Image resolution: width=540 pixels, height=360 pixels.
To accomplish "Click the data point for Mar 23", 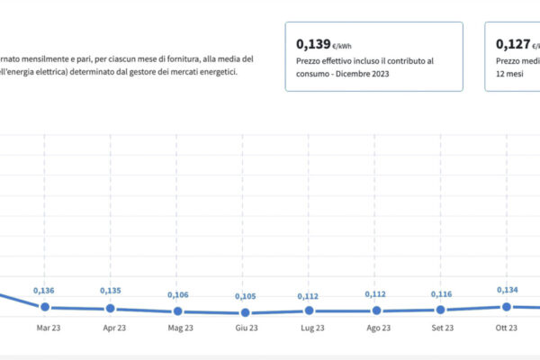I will [43, 307].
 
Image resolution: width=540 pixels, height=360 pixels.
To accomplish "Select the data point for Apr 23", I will [110, 308].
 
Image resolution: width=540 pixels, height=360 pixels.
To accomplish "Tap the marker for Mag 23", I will [176, 311].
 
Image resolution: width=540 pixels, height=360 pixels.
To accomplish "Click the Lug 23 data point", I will [309, 310].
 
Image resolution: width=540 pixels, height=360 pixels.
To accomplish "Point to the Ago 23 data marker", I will [375, 310].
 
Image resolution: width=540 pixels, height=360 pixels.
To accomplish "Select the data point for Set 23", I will [441, 310].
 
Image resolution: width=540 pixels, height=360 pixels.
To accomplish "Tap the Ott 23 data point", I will [507, 307].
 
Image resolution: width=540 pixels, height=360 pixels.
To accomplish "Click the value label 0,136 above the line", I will [44, 290].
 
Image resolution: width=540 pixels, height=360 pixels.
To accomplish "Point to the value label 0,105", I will [245, 296].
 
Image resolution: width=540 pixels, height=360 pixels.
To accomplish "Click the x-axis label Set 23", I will [442, 328].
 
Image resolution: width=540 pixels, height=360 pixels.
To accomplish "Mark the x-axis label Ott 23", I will [508, 328].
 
